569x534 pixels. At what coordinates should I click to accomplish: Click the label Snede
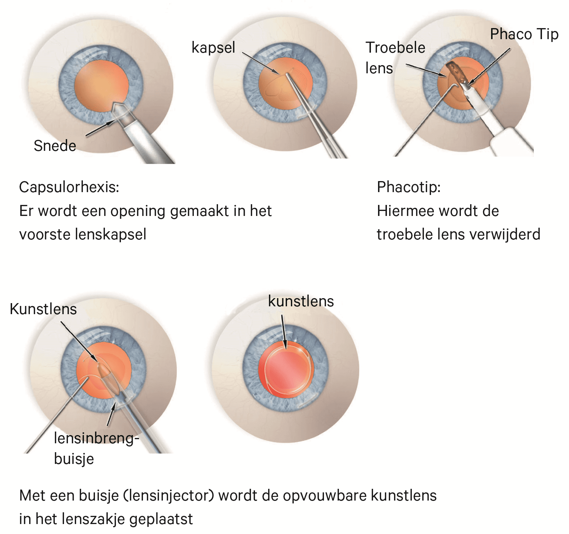[55, 146]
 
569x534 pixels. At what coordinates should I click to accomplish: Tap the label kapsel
[213, 48]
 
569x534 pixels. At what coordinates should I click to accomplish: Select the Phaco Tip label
[524, 34]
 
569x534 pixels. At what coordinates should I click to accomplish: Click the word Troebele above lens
[395, 48]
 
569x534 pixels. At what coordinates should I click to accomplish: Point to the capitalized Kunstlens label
[43, 309]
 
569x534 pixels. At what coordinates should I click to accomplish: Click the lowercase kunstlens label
[301, 301]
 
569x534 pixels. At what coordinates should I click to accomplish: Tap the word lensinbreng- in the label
[96, 438]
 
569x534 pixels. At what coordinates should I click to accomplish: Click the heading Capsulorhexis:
[69, 187]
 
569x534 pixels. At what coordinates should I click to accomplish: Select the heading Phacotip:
[409, 187]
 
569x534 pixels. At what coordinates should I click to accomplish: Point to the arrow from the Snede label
[100, 128]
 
